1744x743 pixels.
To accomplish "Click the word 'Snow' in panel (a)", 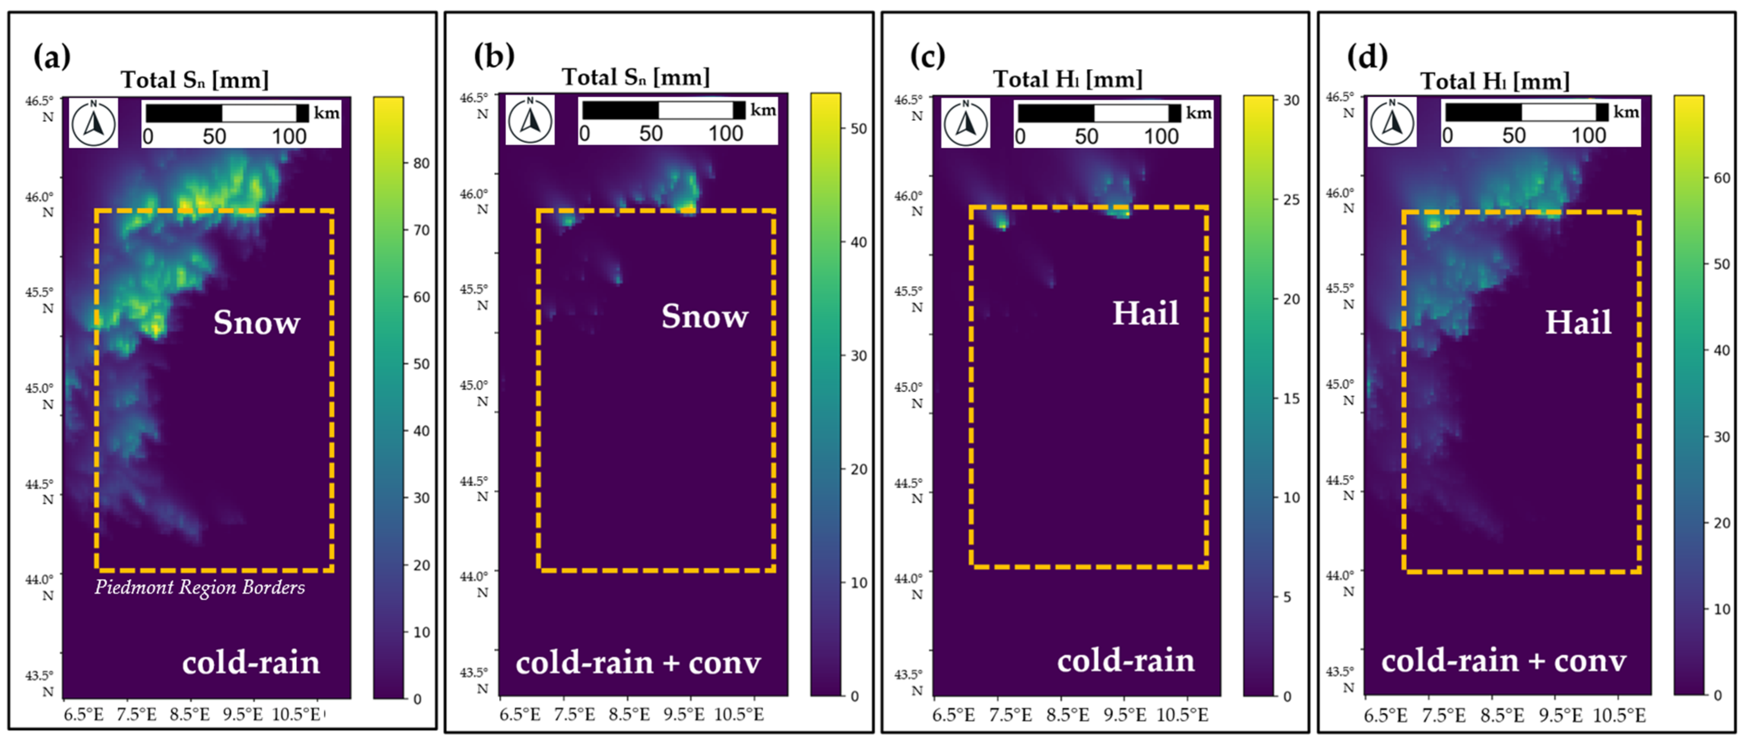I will [257, 322].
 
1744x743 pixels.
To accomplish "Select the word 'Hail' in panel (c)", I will [1145, 313].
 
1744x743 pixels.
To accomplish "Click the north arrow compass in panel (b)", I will [530, 120].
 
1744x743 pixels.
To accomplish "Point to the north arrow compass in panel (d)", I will [1392, 122].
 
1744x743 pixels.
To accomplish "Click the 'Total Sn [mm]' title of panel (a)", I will [195, 80].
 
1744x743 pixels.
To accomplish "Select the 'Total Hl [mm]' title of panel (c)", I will [1067, 79].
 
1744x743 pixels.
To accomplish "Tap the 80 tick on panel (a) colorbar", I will [421, 163].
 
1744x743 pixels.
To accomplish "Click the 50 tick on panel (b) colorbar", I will [858, 129].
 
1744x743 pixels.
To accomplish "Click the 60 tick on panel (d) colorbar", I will [1721, 178].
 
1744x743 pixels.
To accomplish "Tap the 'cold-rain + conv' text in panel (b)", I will [638, 662].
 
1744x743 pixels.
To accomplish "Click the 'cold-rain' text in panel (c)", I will [1126, 660].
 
